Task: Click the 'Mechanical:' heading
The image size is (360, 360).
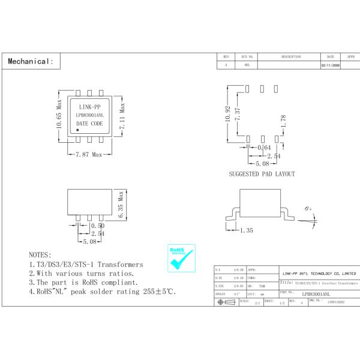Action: click(x=31, y=61)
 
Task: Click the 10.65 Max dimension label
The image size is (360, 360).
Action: click(x=59, y=117)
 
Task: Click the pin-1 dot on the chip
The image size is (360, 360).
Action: click(x=78, y=129)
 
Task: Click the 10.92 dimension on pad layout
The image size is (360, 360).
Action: click(x=227, y=113)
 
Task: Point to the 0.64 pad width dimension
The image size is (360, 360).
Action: click(x=263, y=148)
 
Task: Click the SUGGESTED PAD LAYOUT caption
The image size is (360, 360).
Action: click(x=262, y=174)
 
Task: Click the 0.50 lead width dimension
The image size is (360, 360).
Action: click(x=97, y=226)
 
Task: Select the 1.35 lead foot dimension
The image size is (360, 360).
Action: click(x=247, y=230)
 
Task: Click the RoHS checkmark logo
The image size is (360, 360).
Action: click(x=181, y=259)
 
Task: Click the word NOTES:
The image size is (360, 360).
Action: click(x=40, y=255)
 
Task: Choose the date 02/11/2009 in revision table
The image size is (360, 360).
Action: click(x=331, y=64)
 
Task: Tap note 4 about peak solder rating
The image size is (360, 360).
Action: click(x=103, y=292)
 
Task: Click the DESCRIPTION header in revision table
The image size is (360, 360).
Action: click(x=291, y=56)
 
